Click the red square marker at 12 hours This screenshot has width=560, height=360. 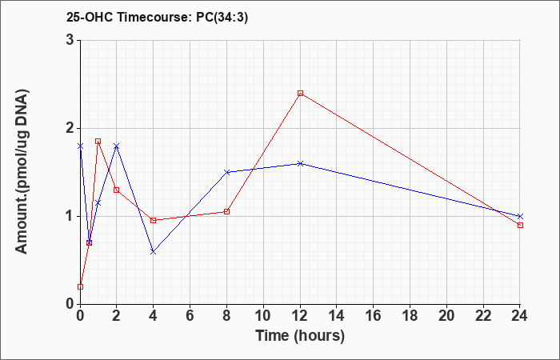pyautogui.click(x=300, y=94)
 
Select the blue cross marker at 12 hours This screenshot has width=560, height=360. pyautogui.click(x=300, y=163)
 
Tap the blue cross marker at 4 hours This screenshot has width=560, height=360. pyautogui.click(x=154, y=252)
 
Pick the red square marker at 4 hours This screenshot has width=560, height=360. pyautogui.click(x=154, y=220)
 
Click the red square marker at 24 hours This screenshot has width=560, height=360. pyautogui.click(x=520, y=225)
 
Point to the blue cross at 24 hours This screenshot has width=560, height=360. pyautogui.click(x=520, y=217)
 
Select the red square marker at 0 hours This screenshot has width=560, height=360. pyautogui.click(x=80, y=286)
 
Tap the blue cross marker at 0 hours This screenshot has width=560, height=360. pyautogui.click(x=80, y=146)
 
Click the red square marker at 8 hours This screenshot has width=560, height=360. pyautogui.click(x=226, y=211)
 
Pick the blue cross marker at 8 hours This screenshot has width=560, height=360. pyautogui.click(x=226, y=172)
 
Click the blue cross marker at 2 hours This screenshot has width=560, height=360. pyautogui.click(x=117, y=146)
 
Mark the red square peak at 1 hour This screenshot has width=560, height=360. pyautogui.click(x=98, y=142)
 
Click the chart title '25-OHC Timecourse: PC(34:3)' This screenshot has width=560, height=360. pyautogui.click(x=157, y=18)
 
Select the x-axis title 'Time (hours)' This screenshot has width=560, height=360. pyautogui.click(x=300, y=336)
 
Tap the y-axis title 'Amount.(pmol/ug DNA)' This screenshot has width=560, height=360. pyautogui.click(x=22, y=172)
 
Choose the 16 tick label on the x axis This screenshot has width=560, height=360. pyautogui.click(x=374, y=315)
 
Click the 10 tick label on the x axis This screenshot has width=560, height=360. pyautogui.click(x=263, y=315)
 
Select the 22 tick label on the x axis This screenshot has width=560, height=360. pyautogui.click(x=483, y=315)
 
